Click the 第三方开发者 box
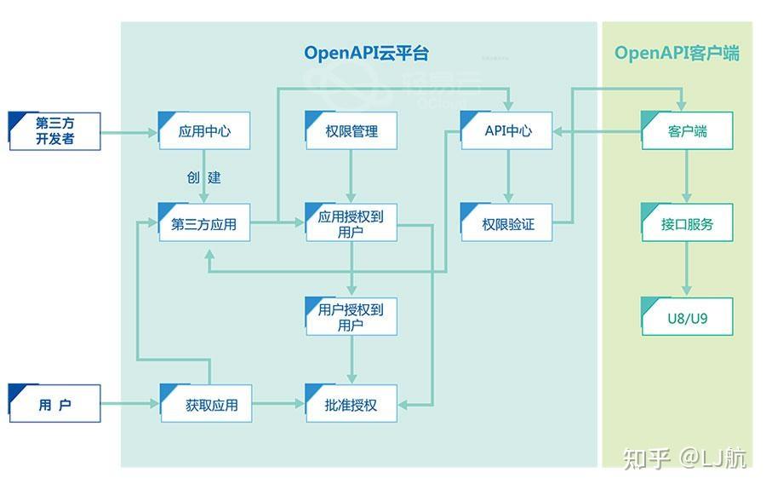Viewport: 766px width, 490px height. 54,130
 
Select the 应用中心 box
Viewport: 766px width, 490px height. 204,131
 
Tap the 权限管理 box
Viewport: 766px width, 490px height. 351,131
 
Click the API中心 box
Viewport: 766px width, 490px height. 507,131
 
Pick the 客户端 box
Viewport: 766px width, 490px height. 686,131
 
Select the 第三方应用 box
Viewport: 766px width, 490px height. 204,224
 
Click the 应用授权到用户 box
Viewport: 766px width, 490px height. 351,224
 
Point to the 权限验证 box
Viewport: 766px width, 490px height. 507,224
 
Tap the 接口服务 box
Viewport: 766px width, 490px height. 686,224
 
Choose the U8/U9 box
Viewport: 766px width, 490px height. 686,316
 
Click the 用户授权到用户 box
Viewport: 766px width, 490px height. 351,316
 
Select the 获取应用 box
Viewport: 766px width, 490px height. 206,404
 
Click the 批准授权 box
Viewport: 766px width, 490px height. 351,404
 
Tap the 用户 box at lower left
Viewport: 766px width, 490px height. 54,404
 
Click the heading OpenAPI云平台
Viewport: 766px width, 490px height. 366,53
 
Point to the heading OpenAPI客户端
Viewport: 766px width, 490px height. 677,53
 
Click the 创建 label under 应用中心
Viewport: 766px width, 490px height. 204,177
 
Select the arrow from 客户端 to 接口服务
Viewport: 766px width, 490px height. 686,176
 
